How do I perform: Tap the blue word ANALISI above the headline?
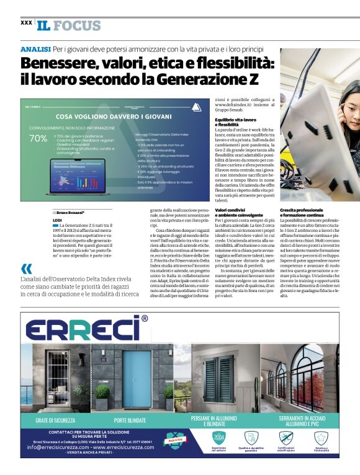35,48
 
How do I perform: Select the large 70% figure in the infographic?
37,138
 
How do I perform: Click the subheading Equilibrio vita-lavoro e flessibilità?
235,122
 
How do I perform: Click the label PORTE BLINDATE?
130,420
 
